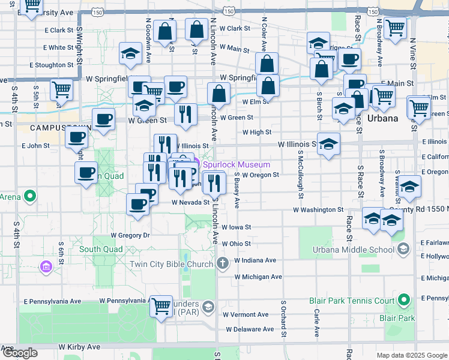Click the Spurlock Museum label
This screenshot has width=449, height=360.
pyautogui.click(x=237, y=164)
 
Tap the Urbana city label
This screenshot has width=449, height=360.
pyautogui.click(x=383, y=118)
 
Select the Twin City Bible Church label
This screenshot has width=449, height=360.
pyautogui.click(x=172, y=264)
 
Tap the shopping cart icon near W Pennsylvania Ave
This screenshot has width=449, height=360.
pyautogui.click(x=161, y=306)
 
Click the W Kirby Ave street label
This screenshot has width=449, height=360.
pyautogui.click(x=79, y=347)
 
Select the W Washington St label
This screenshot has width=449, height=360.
pyautogui.click(x=318, y=210)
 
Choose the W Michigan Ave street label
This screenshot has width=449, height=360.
pyautogui.click(x=258, y=277)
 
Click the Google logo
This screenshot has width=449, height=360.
pyautogui.click(x=20, y=353)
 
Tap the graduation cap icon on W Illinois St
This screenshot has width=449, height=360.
pyautogui.click(x=328, y=144)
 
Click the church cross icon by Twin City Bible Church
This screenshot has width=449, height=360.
pyautogui.click(x=223, y=263)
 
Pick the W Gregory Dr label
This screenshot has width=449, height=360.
pyautogui.click(x=129, y=235)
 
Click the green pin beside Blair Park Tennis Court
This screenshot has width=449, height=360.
pyautogui.click(x=404, y=299)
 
